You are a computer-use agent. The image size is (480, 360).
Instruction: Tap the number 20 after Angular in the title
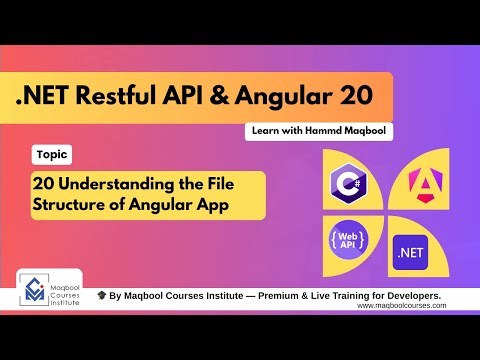click(x=353, y=97)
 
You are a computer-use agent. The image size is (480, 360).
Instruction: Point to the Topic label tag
click(x=50, y=156)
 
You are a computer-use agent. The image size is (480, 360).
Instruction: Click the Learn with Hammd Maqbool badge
click(x=317, y=131)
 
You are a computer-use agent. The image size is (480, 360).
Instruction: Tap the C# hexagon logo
click(x=344, y=184)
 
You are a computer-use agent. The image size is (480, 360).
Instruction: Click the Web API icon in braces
click(x=345, y=241)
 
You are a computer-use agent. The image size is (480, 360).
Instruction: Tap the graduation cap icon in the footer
click(x=102, y=297)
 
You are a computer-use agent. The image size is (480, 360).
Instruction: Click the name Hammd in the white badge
click(x=328, y=131)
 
